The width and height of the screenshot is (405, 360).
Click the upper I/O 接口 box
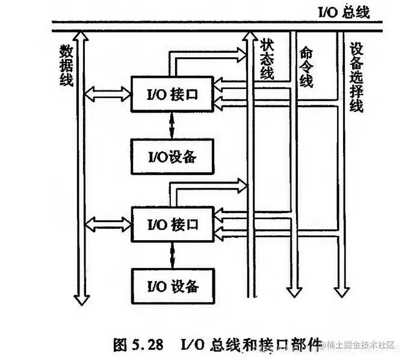172,94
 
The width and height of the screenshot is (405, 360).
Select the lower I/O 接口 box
172,224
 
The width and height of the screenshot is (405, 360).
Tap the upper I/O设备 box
172,157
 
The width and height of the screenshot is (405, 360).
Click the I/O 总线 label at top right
343,11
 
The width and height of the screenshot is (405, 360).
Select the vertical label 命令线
306,66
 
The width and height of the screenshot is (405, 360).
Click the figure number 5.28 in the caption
147,345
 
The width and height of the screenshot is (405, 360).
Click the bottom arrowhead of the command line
294,292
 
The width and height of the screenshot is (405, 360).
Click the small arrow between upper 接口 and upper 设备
173,125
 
